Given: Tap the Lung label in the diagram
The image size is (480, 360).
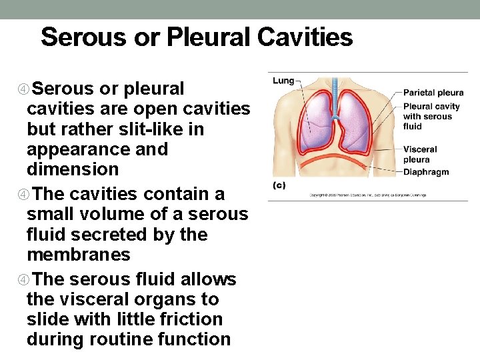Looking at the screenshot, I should click(283, 81).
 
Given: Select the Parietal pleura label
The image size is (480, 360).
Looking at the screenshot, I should click(433, 93).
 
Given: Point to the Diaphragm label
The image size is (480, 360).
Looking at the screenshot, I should click(426, 172).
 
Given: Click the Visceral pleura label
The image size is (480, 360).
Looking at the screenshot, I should click(420, 155).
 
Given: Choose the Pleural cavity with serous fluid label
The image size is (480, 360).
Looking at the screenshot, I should click(431, 116).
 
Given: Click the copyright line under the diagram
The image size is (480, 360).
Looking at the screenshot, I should click(367, 195).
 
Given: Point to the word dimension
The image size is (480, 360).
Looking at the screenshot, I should click(73, 169).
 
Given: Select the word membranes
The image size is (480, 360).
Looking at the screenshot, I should click(79, 255).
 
